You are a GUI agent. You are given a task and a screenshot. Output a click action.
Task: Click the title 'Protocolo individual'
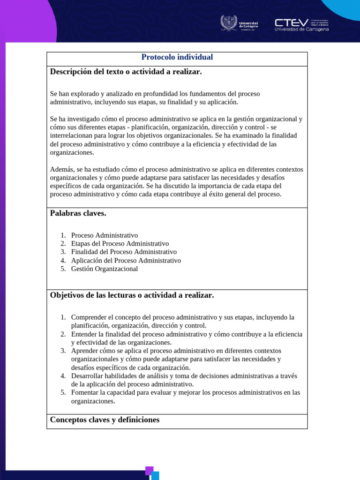click(177, 57)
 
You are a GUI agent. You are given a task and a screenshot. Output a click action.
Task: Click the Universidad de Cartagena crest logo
click(229, 23)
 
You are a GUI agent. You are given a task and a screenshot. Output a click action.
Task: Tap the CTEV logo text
click(292, 22)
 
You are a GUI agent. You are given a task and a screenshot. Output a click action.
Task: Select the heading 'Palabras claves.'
click(78, 214)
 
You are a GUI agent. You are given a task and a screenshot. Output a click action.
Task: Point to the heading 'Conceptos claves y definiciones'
click(105, 420)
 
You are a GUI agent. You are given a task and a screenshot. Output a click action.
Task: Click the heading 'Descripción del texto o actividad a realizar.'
click(126, 72)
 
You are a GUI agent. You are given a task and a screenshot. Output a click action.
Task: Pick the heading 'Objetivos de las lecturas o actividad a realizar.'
click(132, 295)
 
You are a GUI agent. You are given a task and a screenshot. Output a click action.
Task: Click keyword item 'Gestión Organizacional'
click(105, 269)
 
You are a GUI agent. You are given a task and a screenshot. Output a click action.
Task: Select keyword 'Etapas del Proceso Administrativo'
click(120, 244)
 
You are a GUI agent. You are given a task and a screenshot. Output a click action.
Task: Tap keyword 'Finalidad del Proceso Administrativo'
click(124, 252)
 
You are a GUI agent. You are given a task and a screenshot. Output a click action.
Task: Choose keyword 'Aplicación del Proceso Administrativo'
click(126, 261)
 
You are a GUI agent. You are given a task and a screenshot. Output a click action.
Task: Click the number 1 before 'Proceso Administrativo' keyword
click(63, 235)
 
